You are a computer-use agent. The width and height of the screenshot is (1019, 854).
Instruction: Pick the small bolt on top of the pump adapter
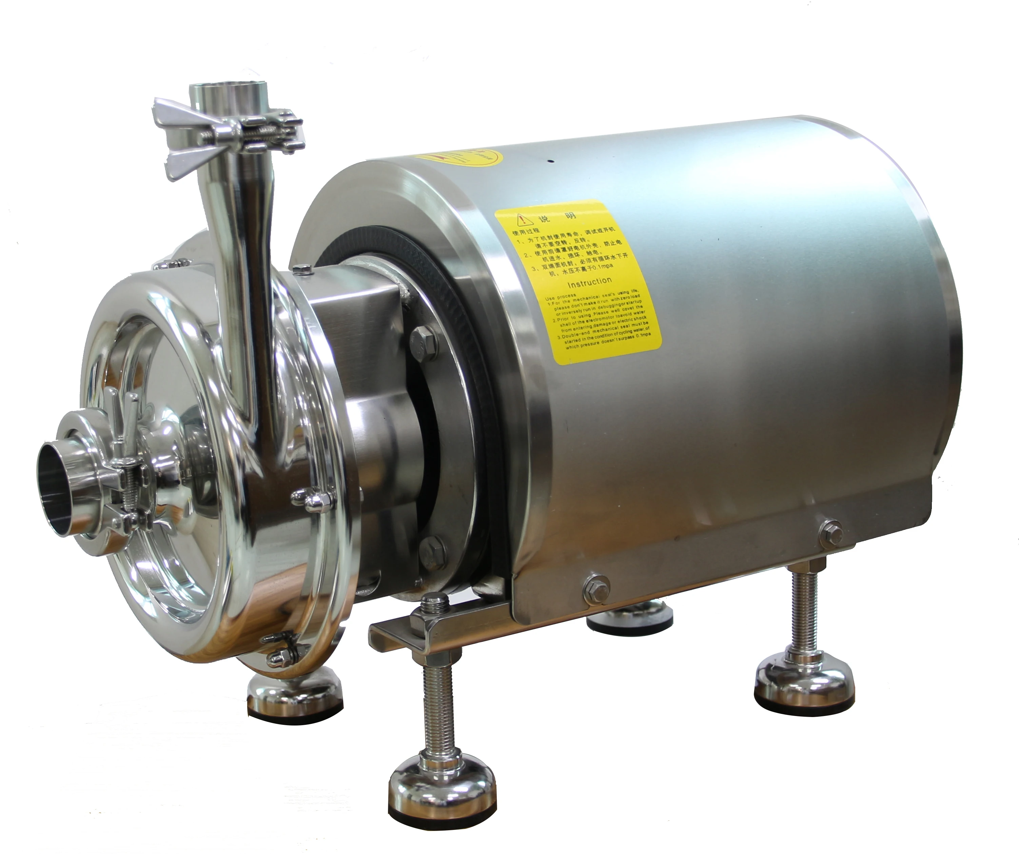[x=302, y=269]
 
